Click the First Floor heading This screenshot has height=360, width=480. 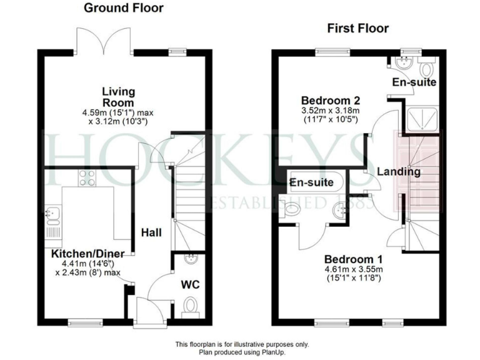click(358, 28)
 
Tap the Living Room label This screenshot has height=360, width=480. click(119, 97)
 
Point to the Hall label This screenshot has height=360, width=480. click(151, 233)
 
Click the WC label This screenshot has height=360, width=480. click(191, 285)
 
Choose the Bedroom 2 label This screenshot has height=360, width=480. click(331, 100)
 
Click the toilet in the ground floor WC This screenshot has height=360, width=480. click(191, 304)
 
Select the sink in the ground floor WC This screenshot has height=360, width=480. click(191, 259)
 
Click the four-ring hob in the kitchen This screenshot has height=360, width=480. click(87, 178)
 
